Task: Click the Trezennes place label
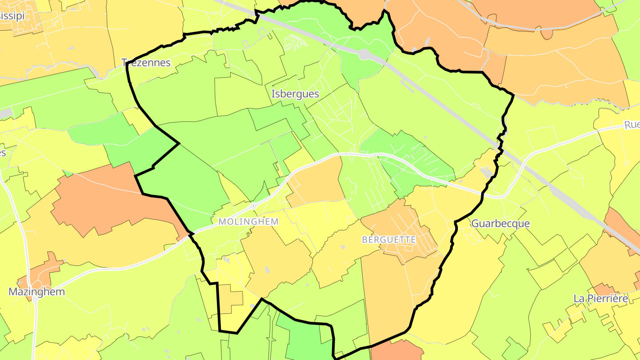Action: (x=146, y=63)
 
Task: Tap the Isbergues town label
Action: (x=295, y=94)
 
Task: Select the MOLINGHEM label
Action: (x=248, y=221)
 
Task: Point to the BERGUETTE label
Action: (x=389, y=240)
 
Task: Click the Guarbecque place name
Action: (x=500, y=224)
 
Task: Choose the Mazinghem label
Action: (x=37, y=292)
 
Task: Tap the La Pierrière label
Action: (x=601, y=298)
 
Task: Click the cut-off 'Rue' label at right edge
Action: (x=632, y=125)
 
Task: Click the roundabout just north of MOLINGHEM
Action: (x=253, y=206)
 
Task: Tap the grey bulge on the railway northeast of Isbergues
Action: (x=366, y=54)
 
